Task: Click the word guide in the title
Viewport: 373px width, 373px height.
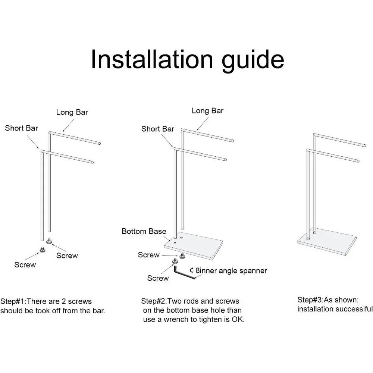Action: pyautogui.click(x=253, y=60)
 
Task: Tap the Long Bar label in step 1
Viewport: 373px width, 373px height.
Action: pyautogui.click(x=72, y=112)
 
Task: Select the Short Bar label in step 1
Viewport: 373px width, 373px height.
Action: pyautogui.click(x=21, y=128)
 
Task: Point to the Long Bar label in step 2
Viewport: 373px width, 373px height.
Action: pyautogui.click(x=207, y=110)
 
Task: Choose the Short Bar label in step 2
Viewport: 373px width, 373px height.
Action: pyautogui.click(x=158, y=129)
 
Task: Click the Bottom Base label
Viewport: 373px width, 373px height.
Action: pyautogui.click(x=144, y=231)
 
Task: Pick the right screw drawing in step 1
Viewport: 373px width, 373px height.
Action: pyautogui.click(x=48, y=243)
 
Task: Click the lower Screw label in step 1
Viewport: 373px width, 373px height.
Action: pyautogui.click(x=25, y=265)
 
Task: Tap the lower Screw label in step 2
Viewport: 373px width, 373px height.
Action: pyautogui.click(x=158, y=278)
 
